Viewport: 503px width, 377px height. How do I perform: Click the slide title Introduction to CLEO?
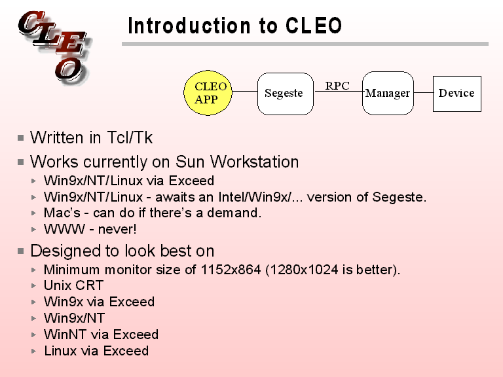pyautogui.click(x=234, y=26)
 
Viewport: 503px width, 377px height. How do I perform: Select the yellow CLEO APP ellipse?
pyautogui.click(x=210, y=93)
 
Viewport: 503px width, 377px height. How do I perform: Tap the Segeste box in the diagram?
pyautogui.click(x=284, y=93)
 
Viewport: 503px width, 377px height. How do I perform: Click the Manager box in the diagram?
pyautogui.click(x=388, y=93)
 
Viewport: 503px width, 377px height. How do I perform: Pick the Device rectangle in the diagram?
pyautogui.click(x=456, y=93)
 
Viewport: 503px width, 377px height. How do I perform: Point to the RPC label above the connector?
pyautogui.click(x=337, y=86)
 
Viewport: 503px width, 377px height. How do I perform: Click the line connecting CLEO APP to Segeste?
pyautogui.click(x=246, y=92)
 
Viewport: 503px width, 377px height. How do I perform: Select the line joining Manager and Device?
pyautogui.click(x=424, y=92)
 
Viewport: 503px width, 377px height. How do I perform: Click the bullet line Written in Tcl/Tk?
pyautogui.click(x=91, y=138)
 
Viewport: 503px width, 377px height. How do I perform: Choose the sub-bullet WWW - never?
pyautogui.click(x=90, y=229)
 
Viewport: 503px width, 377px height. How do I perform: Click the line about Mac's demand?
pyautogui.click(x=152, y=213)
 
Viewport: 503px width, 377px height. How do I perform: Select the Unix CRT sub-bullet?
pyautogui.click(x=73, y=285)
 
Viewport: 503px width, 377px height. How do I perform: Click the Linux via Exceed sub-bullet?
pyautogui.click(x=96, y=351)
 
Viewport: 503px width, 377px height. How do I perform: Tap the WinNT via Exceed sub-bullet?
pyautogui.click(x=101, y=334)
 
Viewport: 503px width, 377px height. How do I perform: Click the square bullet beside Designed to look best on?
pyautogui.click(x=22, y=251)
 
